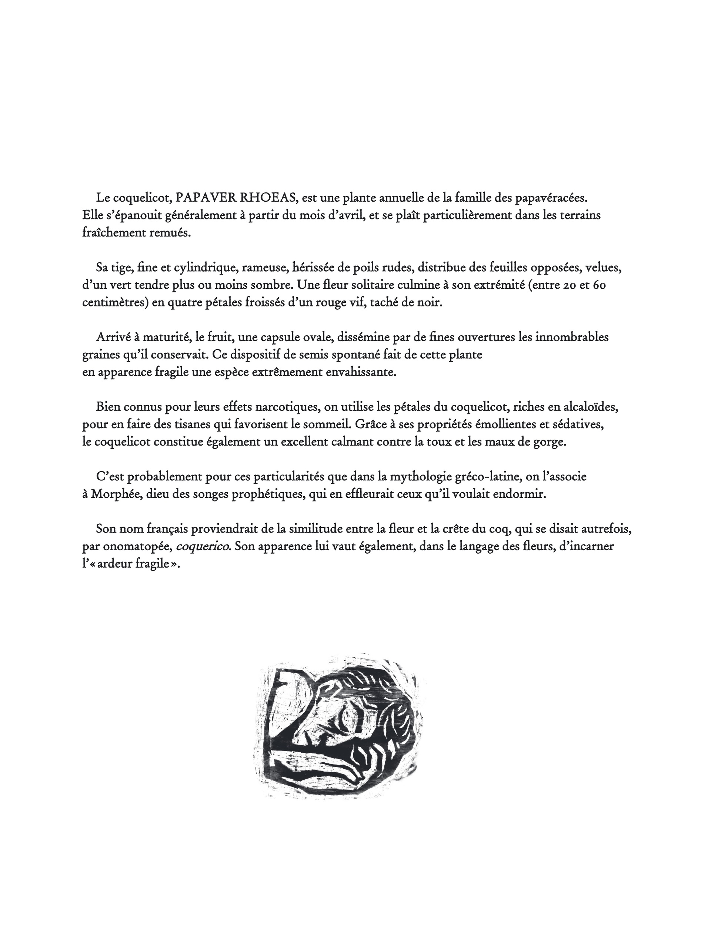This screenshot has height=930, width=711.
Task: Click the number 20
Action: pos(573,285)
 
